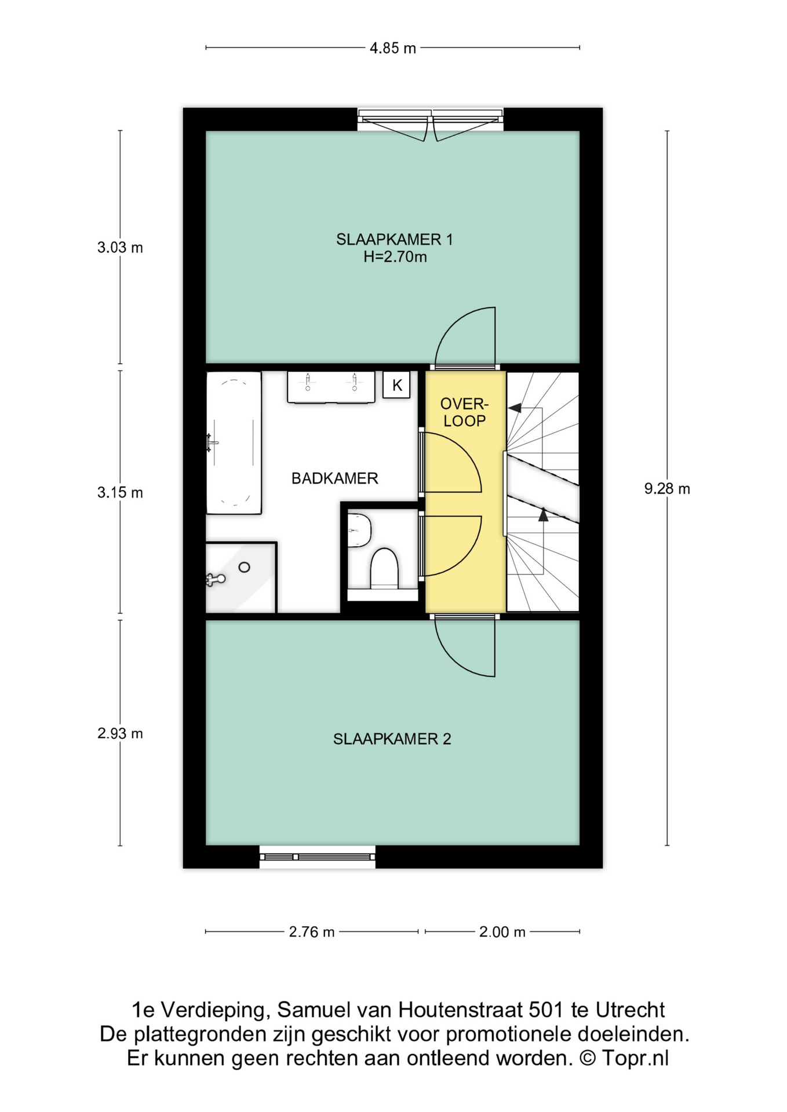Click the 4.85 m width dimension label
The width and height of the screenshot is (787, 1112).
click(393, 48)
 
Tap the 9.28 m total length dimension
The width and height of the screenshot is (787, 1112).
click(667, 489)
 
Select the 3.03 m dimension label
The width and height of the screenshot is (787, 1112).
click(120, 248)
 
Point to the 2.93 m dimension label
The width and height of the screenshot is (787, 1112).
click(120, 734)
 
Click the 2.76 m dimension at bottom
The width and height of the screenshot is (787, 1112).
click(312, 932)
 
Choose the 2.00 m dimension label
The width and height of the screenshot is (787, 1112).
click(502, 932)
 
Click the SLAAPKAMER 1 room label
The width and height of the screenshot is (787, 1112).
click(395, 239)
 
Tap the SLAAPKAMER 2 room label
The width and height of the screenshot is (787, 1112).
click(392, 739)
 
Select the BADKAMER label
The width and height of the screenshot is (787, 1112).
click(334, 478)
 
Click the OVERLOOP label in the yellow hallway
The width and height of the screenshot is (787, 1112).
click(464, 412)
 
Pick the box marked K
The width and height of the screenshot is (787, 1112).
click(397, 385)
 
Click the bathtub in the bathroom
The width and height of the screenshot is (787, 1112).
click(234, 443)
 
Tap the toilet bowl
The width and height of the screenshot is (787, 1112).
click(384, 568)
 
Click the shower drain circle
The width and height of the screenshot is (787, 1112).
click(244, 568)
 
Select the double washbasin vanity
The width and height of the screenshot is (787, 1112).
click(331, 387)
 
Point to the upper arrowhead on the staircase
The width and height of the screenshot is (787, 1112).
click(515, 408)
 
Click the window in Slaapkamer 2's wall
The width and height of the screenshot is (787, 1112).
click(317, 857)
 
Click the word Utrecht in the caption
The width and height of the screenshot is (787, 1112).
click(630, 1010)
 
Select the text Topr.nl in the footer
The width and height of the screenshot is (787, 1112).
click(635, 1058)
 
